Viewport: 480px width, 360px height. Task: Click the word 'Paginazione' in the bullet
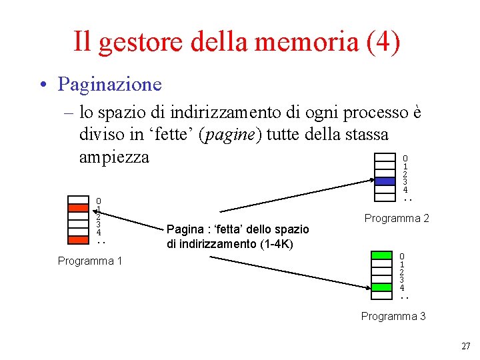(x=109, y=85)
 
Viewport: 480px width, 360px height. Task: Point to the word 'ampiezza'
(x=113, y=157)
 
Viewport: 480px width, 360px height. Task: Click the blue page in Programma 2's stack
(x=385, y=181)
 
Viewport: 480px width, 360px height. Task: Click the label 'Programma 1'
(x=90, y=261)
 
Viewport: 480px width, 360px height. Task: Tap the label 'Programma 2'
(x=397, y=218)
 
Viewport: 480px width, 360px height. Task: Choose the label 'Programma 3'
(x=393, y=316)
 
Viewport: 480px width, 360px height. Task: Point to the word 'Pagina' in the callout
(x=184, y=229)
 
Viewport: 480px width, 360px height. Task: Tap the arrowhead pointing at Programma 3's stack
(x=368, y=287)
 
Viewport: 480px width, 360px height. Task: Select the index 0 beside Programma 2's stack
(x=405, y=158)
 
